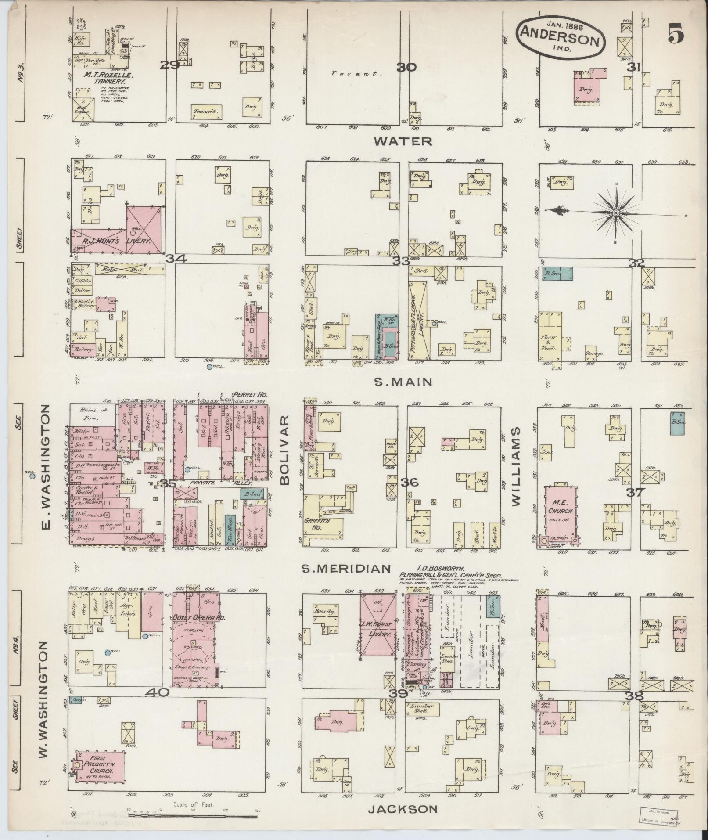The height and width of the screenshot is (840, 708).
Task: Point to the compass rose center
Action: pyautogui.click(x=616, y=213)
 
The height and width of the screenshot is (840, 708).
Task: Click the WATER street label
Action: pyautogui.click(x=403, y=141)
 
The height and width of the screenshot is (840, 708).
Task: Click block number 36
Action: pyautogui.click(x=411, y=482)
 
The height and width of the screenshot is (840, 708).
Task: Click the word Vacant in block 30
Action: pyautogui.click(x=356, y=74)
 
